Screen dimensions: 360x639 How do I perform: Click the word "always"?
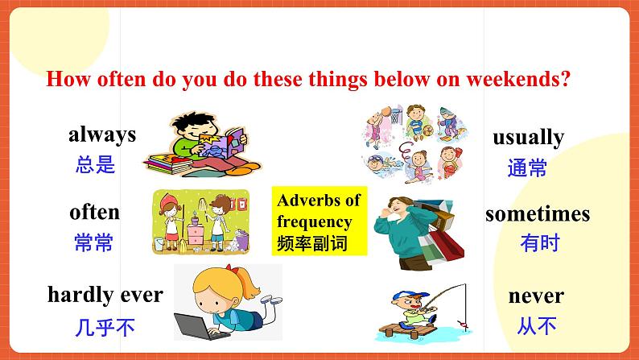(x=102, y=134)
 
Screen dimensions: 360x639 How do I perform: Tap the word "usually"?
(x=528, y=137)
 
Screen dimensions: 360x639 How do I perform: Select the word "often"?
(x=94, y=212)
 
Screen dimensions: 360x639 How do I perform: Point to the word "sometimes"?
(x=537, y=214)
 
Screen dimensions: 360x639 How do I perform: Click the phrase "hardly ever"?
(x=105, y=294)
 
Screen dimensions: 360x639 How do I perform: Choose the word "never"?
(x=536, y=296)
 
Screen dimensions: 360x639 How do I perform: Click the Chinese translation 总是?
(x=96, y=166)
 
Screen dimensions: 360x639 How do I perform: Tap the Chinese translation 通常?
(x=528, y=168)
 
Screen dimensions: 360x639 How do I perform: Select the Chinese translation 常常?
(x=93, y=243)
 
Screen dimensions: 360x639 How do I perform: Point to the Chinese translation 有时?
(x=539, y=243)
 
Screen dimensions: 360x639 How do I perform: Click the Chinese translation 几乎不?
(x=105, y=327)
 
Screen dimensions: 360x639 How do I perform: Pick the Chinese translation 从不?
(x=537, y=326)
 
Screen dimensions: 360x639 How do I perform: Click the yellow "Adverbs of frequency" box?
(x=318, y=221)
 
